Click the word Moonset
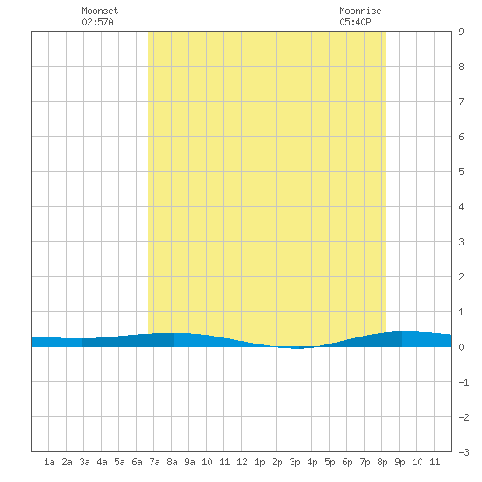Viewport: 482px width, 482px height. click(x=100, y=11)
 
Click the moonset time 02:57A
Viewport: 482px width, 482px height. click(x=97, y=22)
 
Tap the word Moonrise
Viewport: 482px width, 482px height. click(x=360, y=11)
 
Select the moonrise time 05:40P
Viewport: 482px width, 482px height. click(x=355, y=22)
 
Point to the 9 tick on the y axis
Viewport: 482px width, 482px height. click(x=461, y=32)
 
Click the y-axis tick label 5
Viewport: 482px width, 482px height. click(x=461, y=172)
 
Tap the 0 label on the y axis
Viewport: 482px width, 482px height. click(x=461, y=347)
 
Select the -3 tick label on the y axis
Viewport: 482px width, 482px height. click(x=464, y=452)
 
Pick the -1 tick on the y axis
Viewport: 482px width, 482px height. click(x=464, y=382)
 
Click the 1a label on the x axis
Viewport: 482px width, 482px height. click(x=49, y=462)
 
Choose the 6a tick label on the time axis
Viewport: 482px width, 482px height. click(x=137, y=462)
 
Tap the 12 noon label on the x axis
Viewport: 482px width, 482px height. click(x=242, y=462)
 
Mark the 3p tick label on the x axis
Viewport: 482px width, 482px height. click(x=294, y=462)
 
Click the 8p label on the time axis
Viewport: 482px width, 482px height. click(x=382, y=462)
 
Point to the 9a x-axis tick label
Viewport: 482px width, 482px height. click(x=189, y=462)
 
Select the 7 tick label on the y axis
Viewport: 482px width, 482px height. click(x=461, y=102)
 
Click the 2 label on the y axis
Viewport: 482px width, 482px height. click(x=461, y=277)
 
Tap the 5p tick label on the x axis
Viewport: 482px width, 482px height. click(x=330, y=462)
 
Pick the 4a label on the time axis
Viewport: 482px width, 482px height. click(x=102, y=462)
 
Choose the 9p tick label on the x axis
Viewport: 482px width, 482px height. click(x=400, y=462)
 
